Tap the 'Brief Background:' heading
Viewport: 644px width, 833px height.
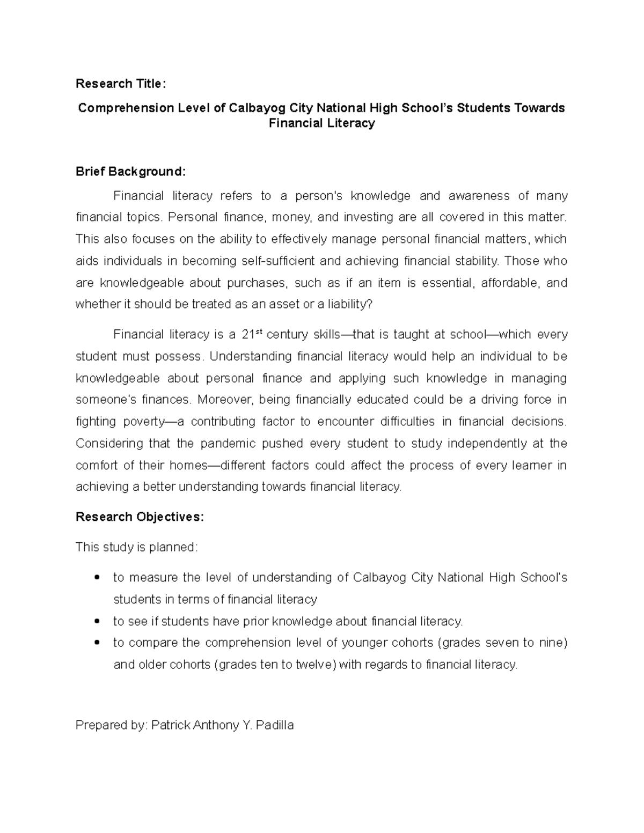point(130,172)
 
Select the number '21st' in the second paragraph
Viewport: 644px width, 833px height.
point(251,335)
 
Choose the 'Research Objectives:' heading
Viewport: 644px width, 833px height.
point(140,517)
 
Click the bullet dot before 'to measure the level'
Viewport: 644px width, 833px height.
point(97,578)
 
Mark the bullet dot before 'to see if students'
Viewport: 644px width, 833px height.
point(97,622)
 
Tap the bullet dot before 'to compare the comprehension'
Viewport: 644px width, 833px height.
point(97,643)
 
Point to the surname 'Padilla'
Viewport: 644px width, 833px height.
point(275,726)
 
